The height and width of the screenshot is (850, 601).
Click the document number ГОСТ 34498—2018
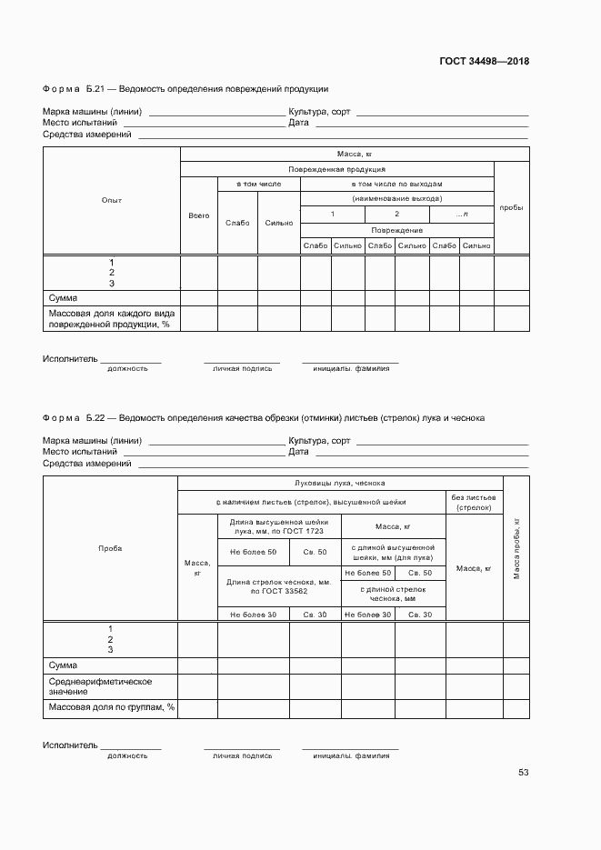pyautogui.click(x=485, y=62)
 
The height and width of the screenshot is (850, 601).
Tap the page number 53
pyautogui.click(x=523, y=772)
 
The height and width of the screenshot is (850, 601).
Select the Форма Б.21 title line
pyautogui.click(x=185, y=89)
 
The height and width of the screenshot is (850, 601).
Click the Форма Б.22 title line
pyautogui.click(x=264, y=418)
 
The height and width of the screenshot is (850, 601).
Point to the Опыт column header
pyautogui.click(x=112, y=200)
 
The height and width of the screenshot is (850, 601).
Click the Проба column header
pyautogui.click(x=110, y=548)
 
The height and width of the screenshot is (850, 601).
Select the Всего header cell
pyautogui.click(x=198, y=215)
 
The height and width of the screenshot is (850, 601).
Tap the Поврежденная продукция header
pyautogui.click(x=336, y=169)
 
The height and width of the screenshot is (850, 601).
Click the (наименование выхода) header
pyautogui.click(x=396, y=198)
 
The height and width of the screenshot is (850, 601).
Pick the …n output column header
pyautogui.click(x=461, y=214)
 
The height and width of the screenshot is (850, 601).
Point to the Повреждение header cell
pyautogui.click(x=396, y=230)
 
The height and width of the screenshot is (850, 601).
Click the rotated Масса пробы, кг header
pyautogui.click(x=516, y=548)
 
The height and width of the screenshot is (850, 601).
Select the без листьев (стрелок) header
pyautogui.click(x=474, y=503)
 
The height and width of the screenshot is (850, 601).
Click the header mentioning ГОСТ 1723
pyautogui.click(x=279, y=525)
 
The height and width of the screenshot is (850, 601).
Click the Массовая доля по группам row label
pyautogui.click(x=111, y=707)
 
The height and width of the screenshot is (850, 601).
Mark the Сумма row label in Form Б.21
pyautogui.click(x=64, y=298)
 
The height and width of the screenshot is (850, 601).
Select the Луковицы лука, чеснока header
pyautogui.click(x=340, y=483)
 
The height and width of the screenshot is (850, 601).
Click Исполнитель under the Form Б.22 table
pyautogui.click(x=69, y=745)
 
